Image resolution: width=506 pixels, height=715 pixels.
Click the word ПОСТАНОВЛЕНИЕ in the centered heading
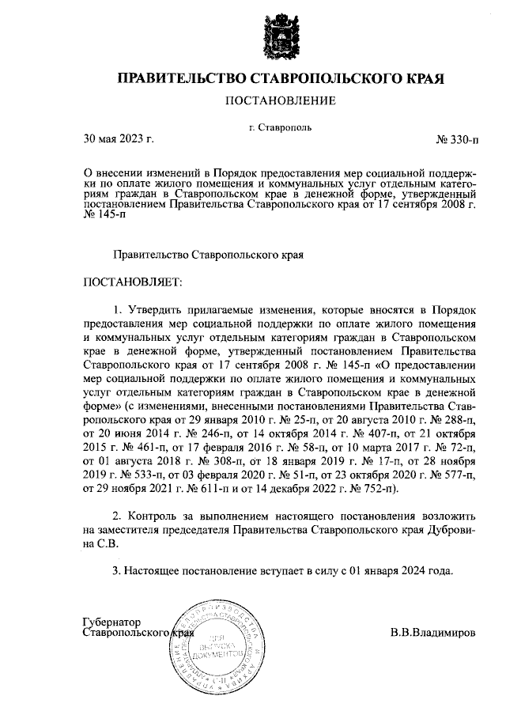point(281,100)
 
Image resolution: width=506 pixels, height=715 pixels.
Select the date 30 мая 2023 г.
point(118,140)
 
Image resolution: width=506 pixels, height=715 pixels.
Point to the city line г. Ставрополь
point(280,127)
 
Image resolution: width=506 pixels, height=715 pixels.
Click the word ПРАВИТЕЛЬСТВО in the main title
point(183,78)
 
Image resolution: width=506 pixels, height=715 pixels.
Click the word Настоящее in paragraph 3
point(155,570)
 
